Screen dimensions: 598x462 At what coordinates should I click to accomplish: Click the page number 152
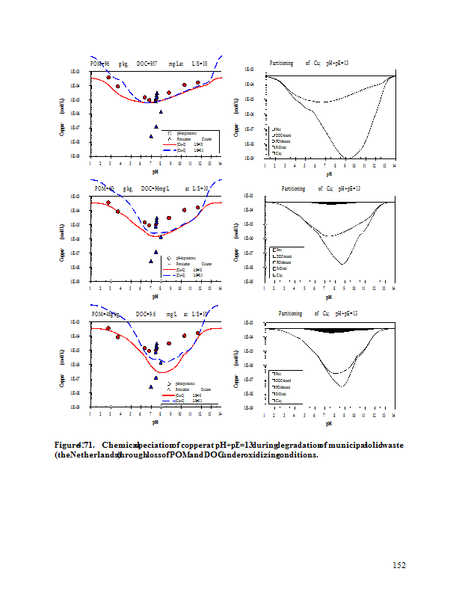coord(398,565)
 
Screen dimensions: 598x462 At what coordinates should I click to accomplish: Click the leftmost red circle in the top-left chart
coord(109,77)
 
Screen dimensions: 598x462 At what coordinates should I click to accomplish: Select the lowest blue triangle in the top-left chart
coord(152,136)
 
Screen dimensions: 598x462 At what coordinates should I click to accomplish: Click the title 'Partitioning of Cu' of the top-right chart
coord(296,64)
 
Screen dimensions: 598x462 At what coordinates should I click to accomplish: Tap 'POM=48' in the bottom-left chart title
coord(104,315)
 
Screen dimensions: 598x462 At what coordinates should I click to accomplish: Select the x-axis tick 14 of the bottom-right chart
coord(394,414)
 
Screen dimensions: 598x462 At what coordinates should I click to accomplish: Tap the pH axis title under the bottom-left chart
coord(154,422)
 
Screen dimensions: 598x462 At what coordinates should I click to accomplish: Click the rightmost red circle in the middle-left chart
coord(198,207)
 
